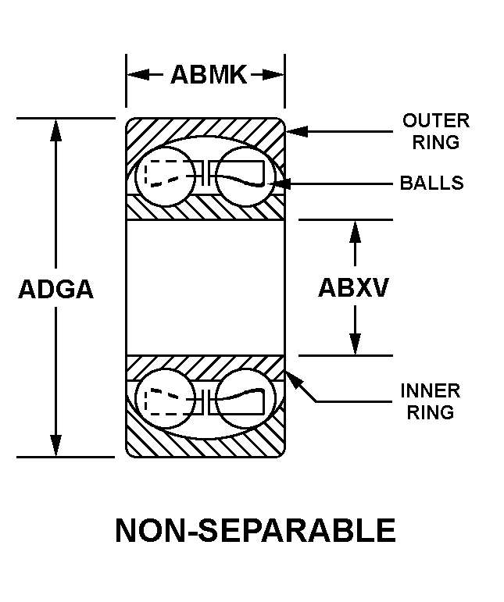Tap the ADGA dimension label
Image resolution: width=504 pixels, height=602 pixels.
point(55,289)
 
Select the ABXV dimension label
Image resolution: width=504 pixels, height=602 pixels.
point(353,287)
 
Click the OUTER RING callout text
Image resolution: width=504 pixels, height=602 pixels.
point(436,131)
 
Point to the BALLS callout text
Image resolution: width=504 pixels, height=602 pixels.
point(431,183)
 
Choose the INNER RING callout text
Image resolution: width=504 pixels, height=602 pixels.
point(431,401)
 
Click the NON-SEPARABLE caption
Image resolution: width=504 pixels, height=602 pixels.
point(256,531)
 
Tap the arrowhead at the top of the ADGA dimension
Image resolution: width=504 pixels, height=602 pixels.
point(55,130)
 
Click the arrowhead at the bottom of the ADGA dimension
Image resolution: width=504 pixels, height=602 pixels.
point(55,446)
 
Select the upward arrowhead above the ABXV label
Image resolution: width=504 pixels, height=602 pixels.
point(356,231)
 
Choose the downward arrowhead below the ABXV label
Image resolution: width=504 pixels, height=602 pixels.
point(356,344)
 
